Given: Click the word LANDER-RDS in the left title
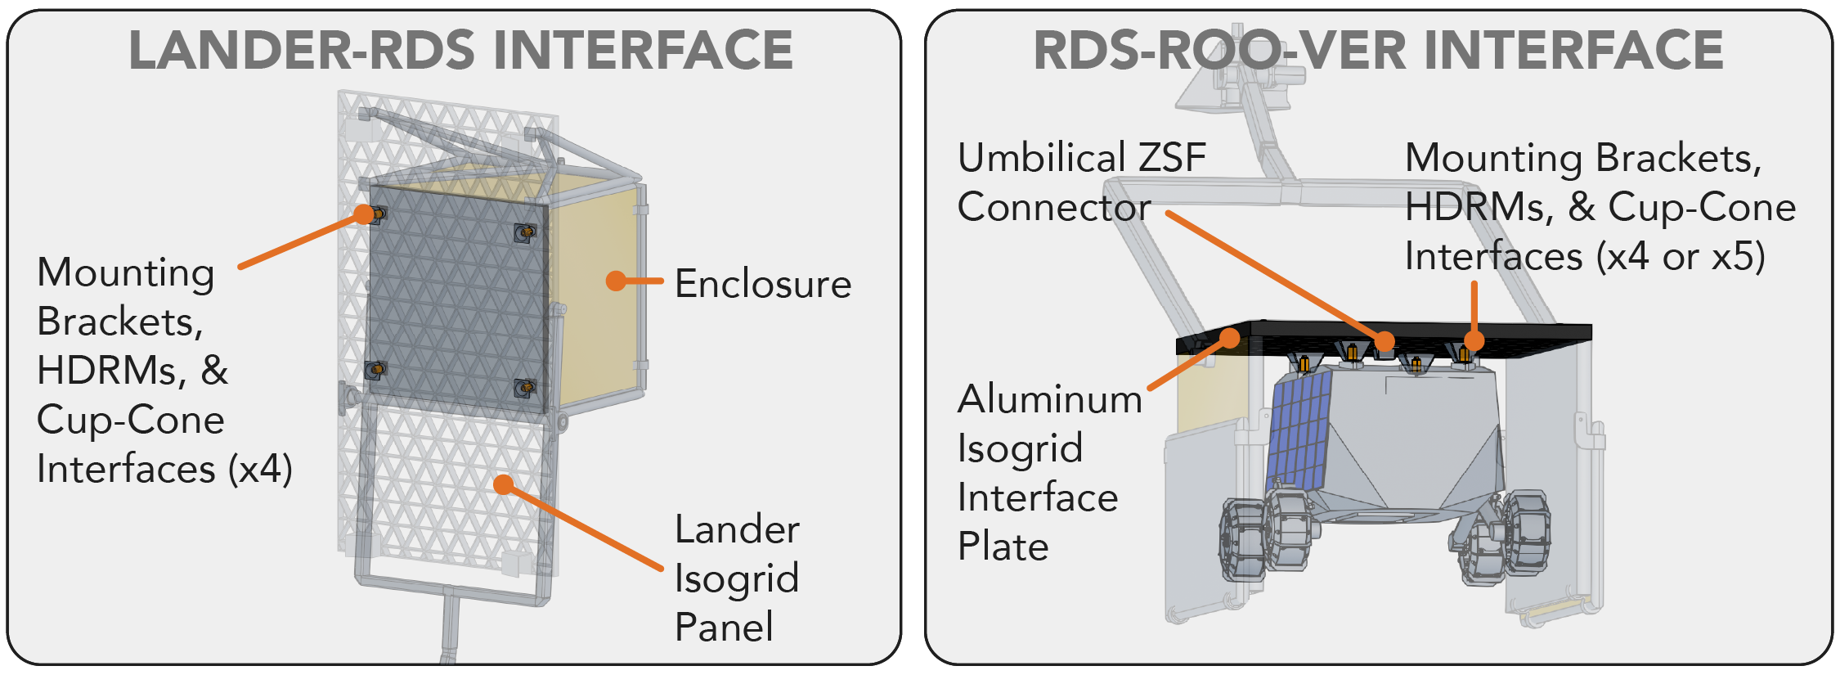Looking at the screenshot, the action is coord(302,50).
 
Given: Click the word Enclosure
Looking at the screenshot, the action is coord(763,284).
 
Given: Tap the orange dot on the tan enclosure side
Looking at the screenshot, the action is coord(616,281).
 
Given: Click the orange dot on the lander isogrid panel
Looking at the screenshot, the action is coord(504,485).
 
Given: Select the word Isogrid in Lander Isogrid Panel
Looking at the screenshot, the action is coord(736,580).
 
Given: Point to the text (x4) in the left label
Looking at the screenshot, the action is coord(260,470).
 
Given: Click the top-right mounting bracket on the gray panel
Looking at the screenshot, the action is coord(525,233).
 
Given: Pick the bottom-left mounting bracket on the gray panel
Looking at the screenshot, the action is coord(375,369).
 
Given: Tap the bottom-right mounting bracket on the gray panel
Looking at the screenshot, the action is coord(525,387).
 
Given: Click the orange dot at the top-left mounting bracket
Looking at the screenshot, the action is coord(364,214).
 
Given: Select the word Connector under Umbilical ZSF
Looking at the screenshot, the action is coord(1054,208).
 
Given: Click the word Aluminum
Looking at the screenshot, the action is coord(1050,400).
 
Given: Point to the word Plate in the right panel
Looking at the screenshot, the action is coord(1003,547).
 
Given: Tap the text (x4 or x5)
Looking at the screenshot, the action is coord(1681,257).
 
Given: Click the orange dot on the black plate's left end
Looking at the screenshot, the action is coord(1230,338).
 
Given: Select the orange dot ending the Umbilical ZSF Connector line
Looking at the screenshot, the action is coord(1384,341).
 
